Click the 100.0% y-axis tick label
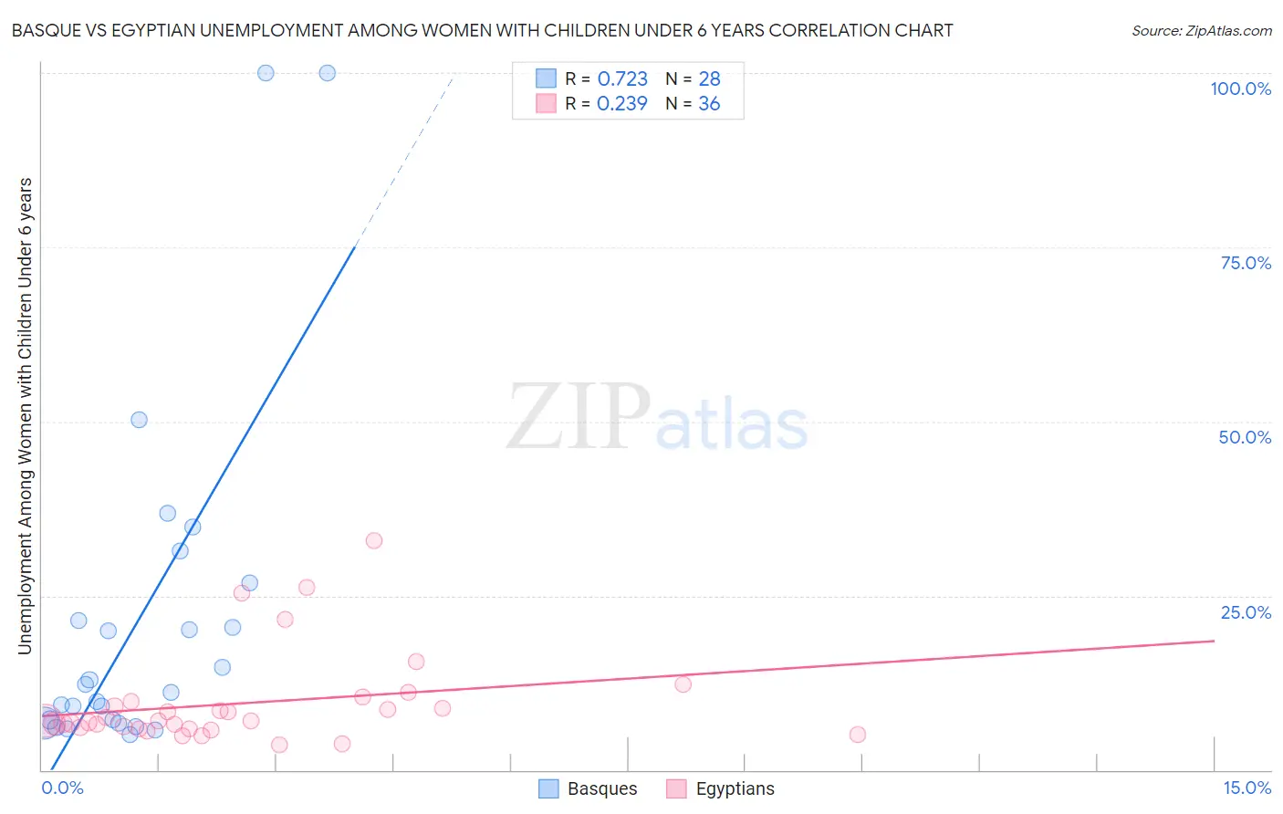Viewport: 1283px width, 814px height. (x=1240, y=89)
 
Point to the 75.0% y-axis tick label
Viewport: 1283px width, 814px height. (x=1246, y=263)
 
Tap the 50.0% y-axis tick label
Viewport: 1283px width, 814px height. (x=1245, y=437)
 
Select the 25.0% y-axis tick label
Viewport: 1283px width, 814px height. (x=1246, y=612)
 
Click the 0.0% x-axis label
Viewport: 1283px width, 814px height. (x=62, y=788)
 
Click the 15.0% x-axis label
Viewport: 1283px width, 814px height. (x=1246, y=788)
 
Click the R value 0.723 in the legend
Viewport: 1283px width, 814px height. (x=622, y=79)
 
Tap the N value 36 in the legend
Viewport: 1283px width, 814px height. (x=709, y=104)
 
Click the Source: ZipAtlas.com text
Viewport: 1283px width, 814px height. (x=1202, y=31)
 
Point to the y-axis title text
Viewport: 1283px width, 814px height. (x=26, y=415)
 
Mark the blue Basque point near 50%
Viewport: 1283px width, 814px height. (x=139, y=420)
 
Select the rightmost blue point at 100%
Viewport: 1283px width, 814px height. (x=327, y=73)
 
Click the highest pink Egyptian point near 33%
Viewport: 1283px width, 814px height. (x=373, y=540)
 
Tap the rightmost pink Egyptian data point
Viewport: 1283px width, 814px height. (x=857, y=735)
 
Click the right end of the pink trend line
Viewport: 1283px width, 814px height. (x=1213, y=641)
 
